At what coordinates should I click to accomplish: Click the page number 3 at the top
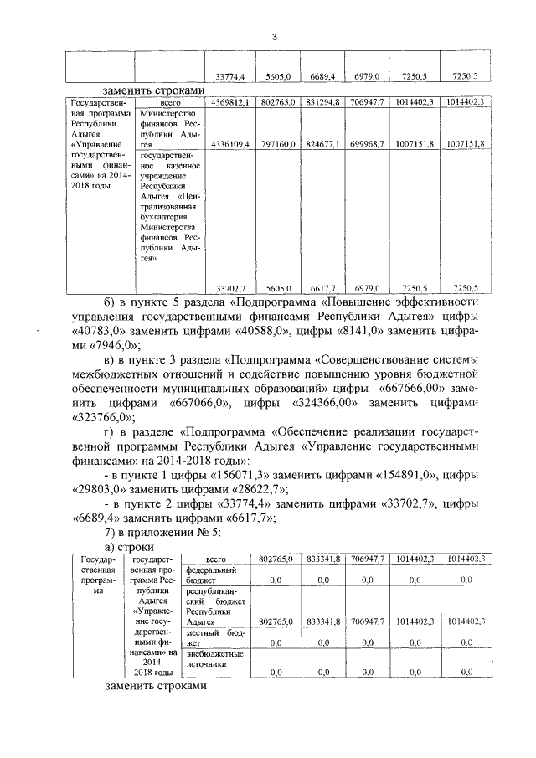tap(273, 35)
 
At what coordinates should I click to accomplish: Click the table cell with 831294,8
tap(322, 101)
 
